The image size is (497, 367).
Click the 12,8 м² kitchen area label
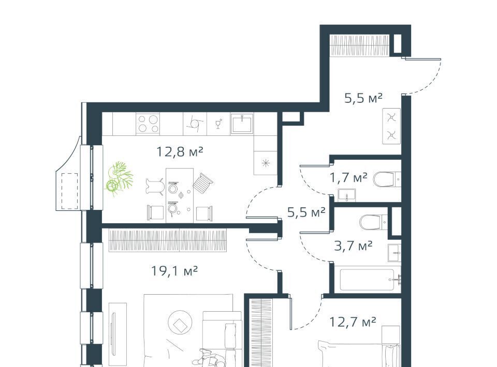point(180,152)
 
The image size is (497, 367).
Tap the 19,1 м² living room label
point(174,271)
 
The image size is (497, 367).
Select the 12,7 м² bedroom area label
point(353,322)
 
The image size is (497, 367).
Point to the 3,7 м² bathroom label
point(354,246)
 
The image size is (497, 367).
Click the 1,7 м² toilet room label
point(348,178)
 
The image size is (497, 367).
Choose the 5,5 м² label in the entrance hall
point(363,98)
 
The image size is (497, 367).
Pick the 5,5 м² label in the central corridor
point(306,212)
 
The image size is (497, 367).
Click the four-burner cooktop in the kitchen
point(148,124)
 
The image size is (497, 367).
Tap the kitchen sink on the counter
point(242,124)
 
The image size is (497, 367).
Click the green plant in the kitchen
point(118,179)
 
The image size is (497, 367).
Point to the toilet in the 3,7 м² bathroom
point(373,222)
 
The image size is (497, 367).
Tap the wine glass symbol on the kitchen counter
point(218,124)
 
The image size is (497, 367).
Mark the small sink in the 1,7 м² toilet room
point(346,195)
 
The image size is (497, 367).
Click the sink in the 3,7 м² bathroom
point(394,253)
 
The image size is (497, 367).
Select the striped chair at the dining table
point(202,182)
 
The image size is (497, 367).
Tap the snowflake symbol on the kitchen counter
point(266,163)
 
